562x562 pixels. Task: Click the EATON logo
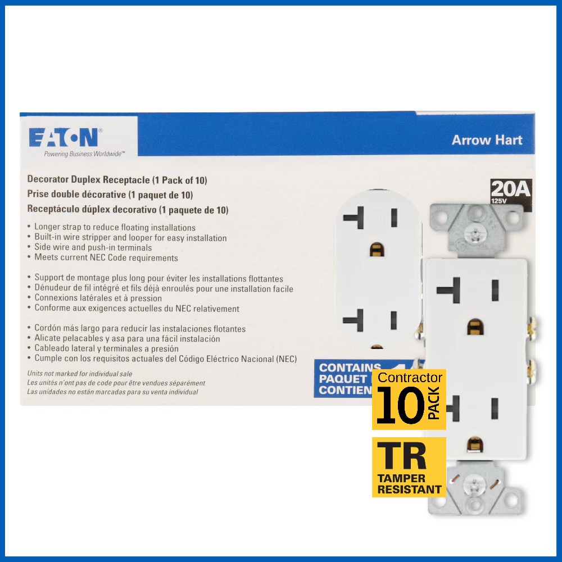coord(65,138)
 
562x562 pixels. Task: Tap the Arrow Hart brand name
coord(487,140)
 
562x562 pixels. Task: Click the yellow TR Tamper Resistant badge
coord(409,467)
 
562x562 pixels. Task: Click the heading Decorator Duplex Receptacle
coord(117,180)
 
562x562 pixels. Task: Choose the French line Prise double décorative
coord(110,194)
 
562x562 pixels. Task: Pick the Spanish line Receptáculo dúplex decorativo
coord(128,209)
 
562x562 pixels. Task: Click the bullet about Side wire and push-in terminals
coord(93,248)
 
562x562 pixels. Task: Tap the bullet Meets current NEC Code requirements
coord(106,258)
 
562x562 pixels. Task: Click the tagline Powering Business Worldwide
coord(84,153)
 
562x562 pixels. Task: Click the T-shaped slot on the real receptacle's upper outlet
coord(450,290)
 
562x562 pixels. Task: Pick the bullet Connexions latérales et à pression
coord(98,298)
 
